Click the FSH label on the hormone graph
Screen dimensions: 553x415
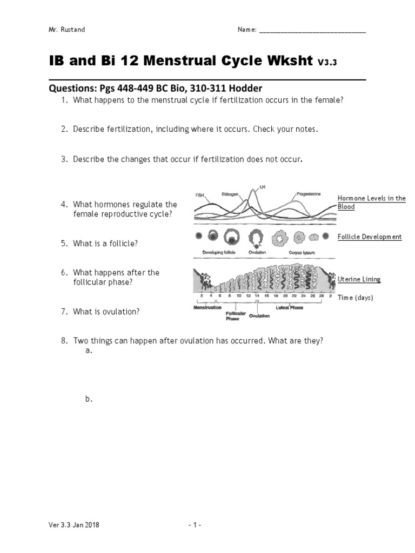199,195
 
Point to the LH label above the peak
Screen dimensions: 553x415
263,187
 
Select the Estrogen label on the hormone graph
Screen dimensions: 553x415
230,194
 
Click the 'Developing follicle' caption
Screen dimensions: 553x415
219,252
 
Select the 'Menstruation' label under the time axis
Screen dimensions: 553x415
207,307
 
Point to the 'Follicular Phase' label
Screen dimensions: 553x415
236,316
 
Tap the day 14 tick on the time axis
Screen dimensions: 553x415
257,296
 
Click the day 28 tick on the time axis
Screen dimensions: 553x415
322,296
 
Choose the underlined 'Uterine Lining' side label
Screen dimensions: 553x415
359,279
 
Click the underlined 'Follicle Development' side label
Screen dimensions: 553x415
370,237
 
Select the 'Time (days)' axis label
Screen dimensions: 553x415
355,298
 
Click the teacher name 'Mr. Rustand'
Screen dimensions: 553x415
67,29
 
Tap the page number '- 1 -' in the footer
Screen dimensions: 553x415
195,524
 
